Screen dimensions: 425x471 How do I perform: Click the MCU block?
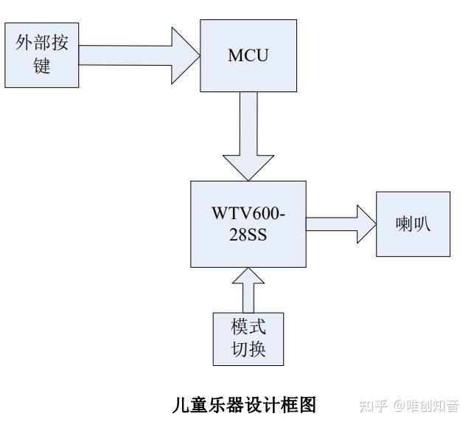[248, 56]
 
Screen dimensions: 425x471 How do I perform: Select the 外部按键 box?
[42, 55]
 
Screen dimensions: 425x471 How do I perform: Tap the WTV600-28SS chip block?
[248, 224]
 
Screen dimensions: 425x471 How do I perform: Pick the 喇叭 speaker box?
[412, 224]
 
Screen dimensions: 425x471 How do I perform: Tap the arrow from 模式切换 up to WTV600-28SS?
[248, 290]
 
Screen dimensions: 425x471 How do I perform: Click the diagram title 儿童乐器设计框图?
[243, 405]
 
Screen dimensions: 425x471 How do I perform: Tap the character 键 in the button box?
[42, 66]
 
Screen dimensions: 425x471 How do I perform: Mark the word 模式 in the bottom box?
[248, 327]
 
